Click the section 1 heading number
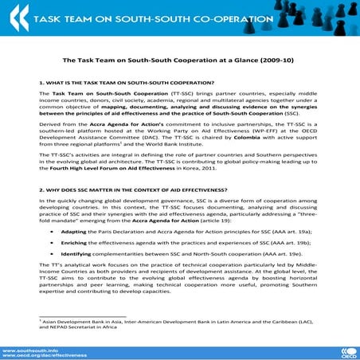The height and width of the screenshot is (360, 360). coord(41,82)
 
